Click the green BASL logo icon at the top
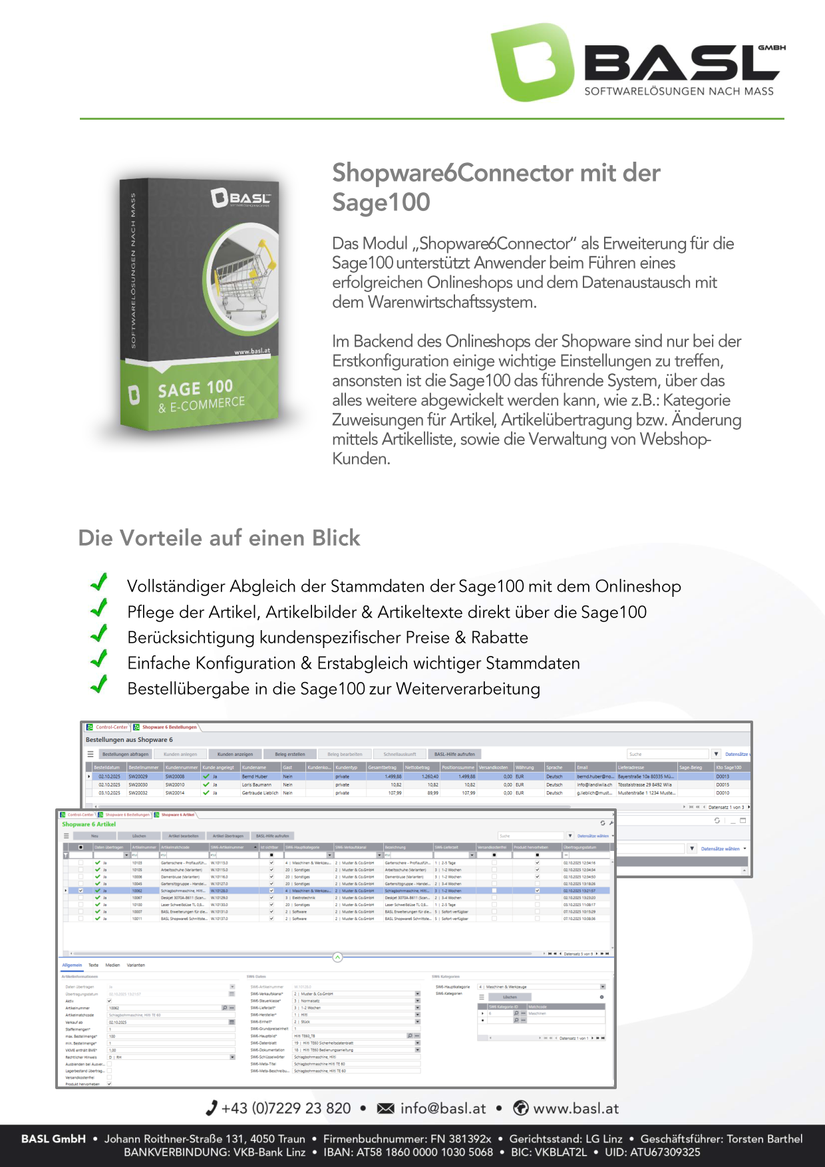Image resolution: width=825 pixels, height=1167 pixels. click(x=532, y=63)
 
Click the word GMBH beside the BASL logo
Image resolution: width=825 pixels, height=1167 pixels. click(x=772, y=48)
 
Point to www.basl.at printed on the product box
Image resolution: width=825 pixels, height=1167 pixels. click(x=252, y=351)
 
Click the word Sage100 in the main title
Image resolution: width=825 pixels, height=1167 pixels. click(x=381, y=202)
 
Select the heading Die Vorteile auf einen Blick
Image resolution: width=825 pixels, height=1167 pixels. click(x=219, y=538)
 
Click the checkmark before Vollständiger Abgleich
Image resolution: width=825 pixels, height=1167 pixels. click(x=99, y=583)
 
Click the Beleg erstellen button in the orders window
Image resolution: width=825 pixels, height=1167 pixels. click(x=290, y=754)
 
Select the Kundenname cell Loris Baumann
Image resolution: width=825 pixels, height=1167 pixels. click(x=257, y=784)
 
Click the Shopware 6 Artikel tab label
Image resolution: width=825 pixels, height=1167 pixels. click(x=178, y=814)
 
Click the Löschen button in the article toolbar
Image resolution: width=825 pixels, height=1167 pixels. click(x=139, y=836)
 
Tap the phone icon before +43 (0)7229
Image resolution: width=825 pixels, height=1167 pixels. click(x=212, y=1108)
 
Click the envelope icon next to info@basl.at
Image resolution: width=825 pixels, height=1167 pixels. click(x=385, y=1108)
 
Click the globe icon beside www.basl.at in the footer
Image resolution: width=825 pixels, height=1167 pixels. click(x=521, y=1108)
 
